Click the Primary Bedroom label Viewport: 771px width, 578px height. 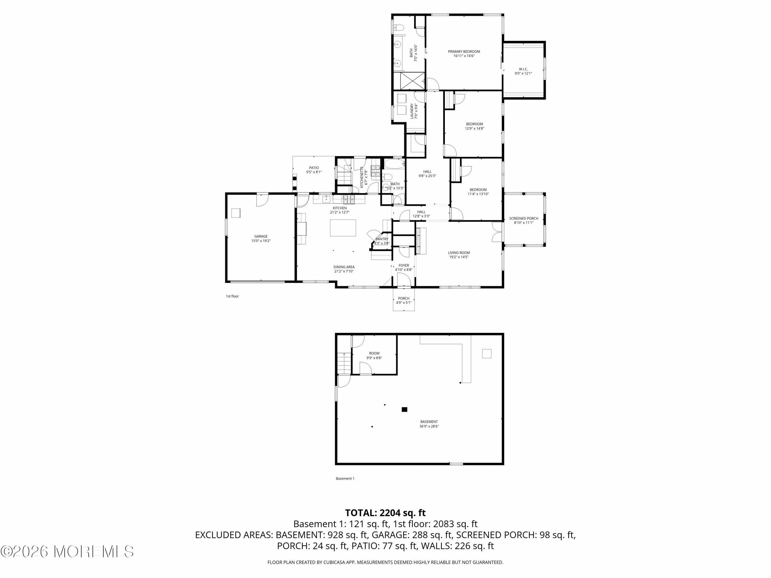tap(464, 52)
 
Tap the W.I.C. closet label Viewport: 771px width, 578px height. tap(523, 69)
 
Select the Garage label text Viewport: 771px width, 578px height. tap(261, 236)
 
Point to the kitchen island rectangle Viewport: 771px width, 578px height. tap(343, 228)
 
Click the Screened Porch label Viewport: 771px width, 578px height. tap(524, 218)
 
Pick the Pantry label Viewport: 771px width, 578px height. tap(382, 239)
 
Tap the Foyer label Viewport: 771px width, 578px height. tap(404, 265)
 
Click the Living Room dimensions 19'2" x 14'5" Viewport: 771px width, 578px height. tap(459, 257)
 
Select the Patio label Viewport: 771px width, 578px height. tap(314, 167)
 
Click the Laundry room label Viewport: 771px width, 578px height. tap(412, 111)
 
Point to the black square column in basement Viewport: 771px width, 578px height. tap(404, 409)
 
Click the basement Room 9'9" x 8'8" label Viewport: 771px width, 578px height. tap(374, 353)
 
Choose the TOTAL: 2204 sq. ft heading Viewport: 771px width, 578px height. tap(385, 513)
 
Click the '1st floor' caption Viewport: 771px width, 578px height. tap(232, 296)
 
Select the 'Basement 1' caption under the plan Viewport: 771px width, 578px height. tap(345, 478)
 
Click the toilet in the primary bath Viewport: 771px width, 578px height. tap(399, 27)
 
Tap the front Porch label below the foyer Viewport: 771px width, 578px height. tap(404, 298)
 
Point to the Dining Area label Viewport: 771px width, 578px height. tap(344, 267)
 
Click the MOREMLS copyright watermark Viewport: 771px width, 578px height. tap(67, 552)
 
